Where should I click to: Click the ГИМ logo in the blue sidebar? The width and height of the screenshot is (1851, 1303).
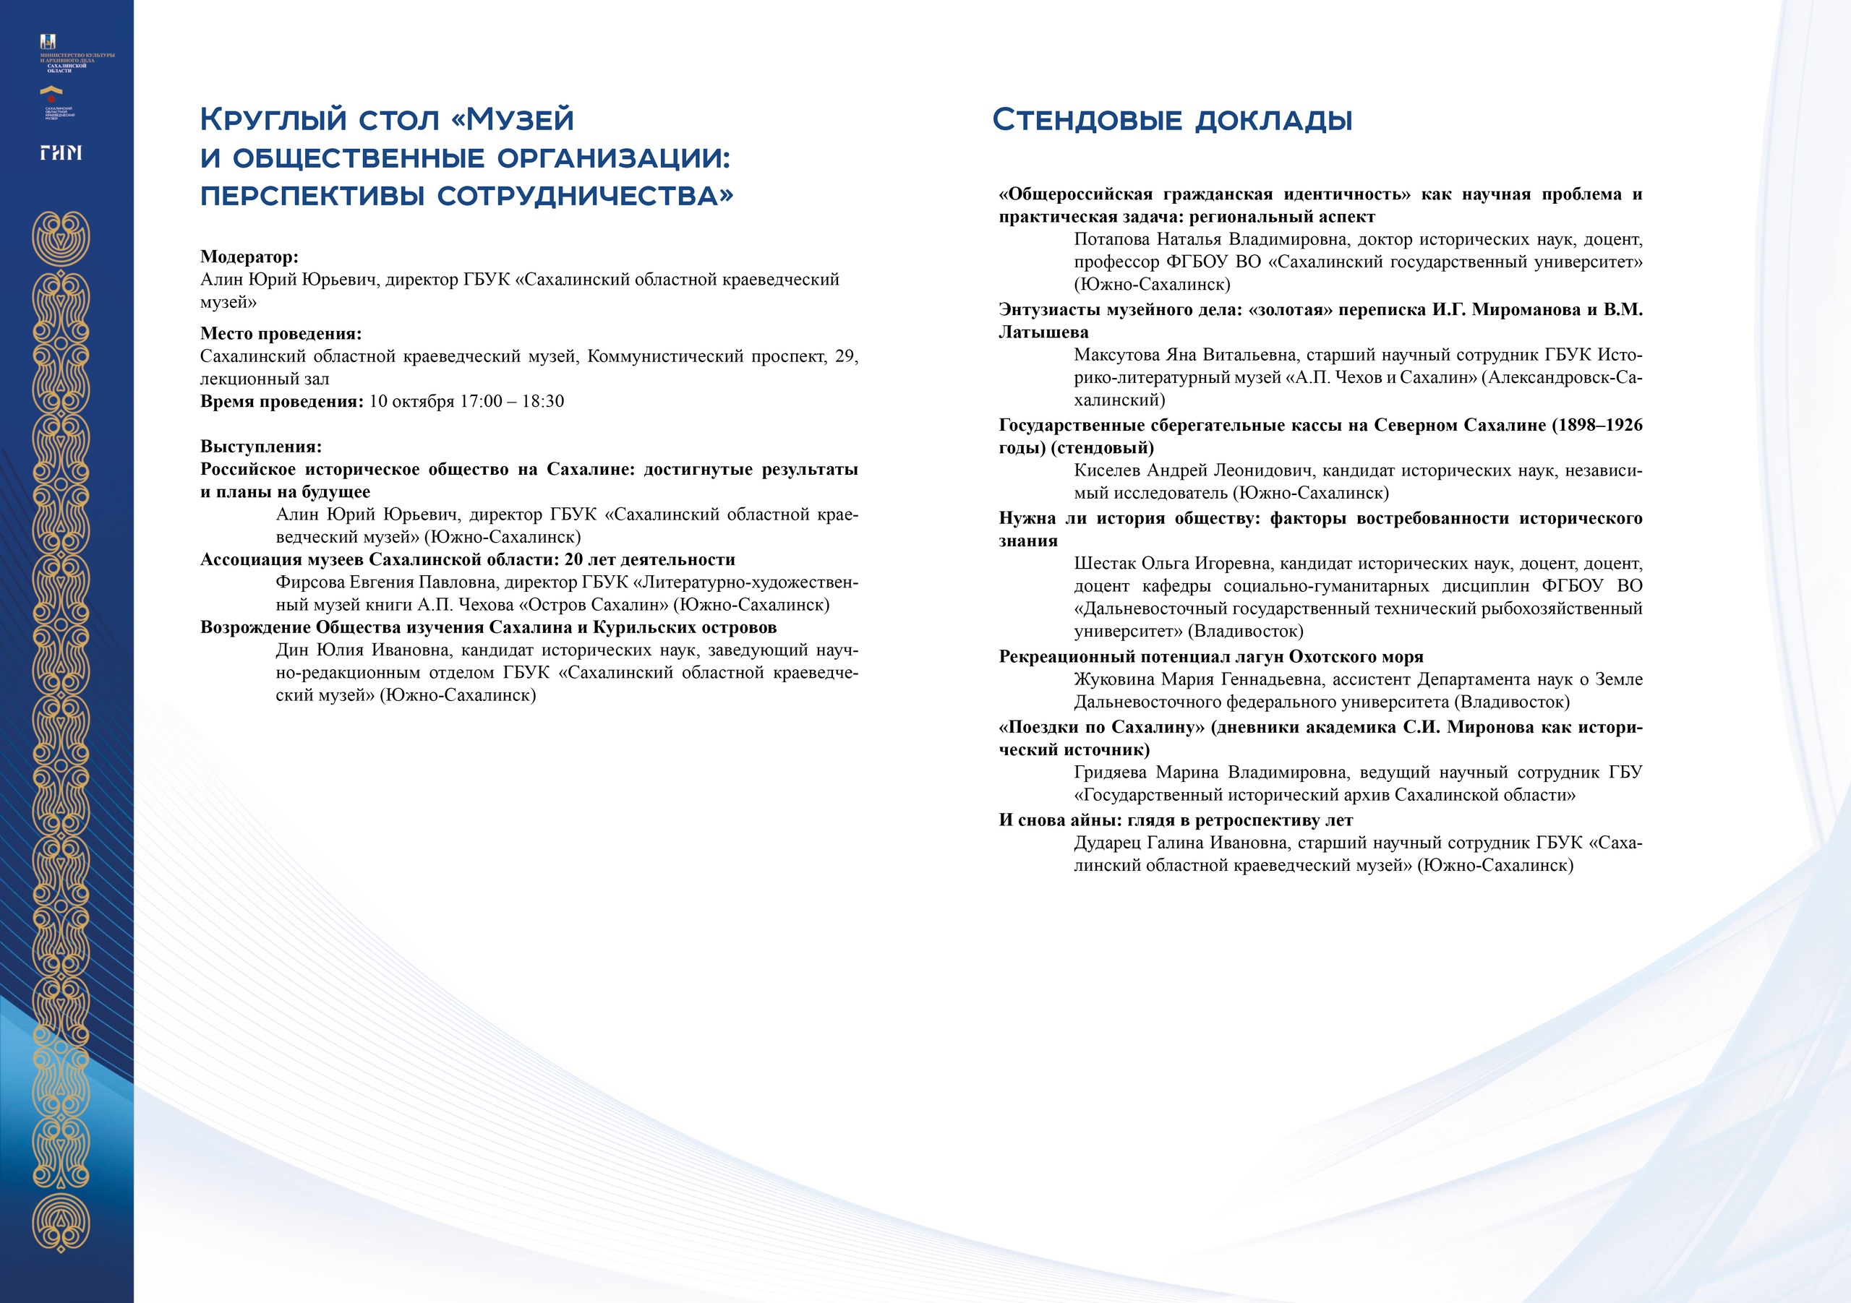61,152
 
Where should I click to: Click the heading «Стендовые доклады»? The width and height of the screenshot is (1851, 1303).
1171,120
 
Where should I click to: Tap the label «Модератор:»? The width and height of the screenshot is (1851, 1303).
249,257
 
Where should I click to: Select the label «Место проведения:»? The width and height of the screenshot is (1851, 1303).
281,334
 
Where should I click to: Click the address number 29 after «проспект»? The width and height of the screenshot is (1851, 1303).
847,356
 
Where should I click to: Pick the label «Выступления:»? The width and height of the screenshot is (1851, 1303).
260,447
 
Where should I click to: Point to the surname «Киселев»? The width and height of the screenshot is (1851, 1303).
1106,470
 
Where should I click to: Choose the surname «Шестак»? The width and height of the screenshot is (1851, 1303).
1102,563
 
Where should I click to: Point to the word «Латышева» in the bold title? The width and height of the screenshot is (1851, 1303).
1043,332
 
